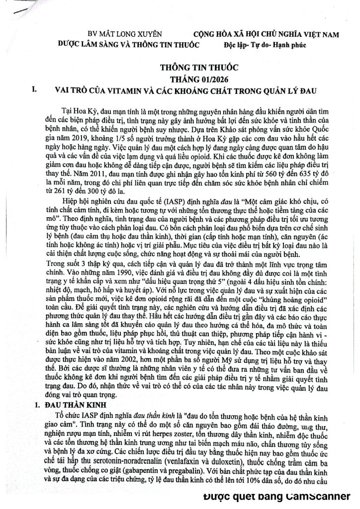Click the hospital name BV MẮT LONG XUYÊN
pos(118,35)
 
